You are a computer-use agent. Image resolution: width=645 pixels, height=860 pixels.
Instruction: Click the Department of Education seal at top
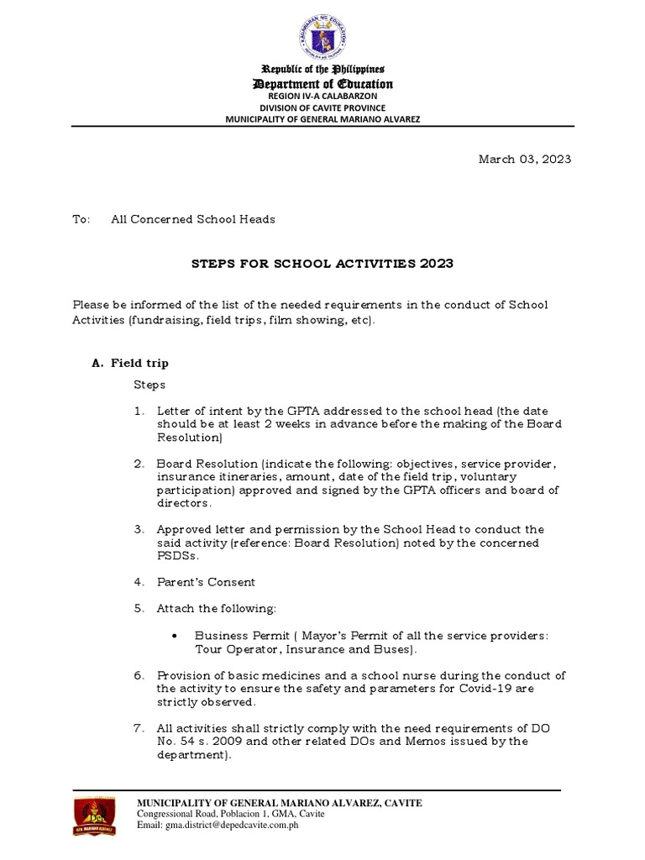322,34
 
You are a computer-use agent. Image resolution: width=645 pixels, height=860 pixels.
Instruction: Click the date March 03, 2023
525,160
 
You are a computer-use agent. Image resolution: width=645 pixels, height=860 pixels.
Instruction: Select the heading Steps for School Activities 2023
322,264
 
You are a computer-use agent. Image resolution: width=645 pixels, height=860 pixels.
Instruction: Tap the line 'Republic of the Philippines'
322,69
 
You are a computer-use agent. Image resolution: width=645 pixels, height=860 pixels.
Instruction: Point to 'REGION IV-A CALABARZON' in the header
322,97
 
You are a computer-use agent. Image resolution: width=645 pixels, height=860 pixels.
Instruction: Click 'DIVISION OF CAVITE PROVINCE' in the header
322,107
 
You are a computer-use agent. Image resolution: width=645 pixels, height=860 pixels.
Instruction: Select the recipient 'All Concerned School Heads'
193,219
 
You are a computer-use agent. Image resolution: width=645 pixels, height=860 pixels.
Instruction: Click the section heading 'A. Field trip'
130,364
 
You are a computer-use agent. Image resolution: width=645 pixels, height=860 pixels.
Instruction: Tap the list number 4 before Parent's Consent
139,582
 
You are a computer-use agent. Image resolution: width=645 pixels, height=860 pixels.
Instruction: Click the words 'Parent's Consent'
206,582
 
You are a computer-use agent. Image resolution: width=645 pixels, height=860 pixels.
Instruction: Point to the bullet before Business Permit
173,636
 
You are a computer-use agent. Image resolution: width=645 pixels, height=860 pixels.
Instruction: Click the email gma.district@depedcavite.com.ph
218,826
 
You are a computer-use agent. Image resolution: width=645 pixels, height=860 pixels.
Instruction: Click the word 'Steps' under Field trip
150,385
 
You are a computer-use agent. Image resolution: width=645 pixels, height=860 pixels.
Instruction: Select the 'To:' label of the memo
81,219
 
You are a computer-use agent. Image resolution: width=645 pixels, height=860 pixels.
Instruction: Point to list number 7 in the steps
139,727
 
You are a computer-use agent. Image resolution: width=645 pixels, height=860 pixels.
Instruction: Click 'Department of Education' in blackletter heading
322,84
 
